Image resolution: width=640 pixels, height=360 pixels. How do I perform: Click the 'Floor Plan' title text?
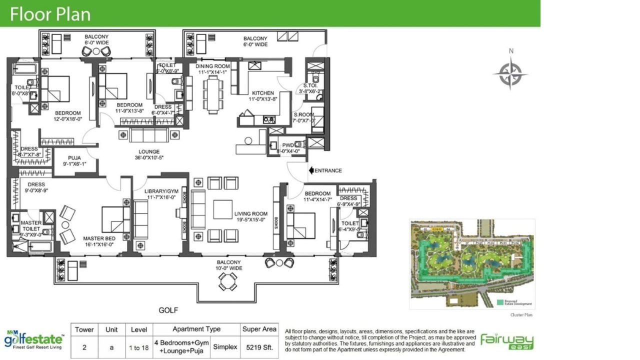click(50, 14)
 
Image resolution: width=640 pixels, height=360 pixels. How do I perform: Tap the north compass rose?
click(510, 73)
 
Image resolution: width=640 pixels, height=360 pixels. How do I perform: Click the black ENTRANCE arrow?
click(311, 170)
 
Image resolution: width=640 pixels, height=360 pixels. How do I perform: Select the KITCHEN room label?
click(262, 93)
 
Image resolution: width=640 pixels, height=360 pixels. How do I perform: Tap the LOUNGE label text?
click(149, 152)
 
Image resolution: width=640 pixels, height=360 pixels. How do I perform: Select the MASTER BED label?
click(99, 238)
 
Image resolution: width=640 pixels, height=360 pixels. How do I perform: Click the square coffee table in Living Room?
click(222, 209)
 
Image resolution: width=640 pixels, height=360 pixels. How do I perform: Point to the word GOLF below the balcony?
click(168, 310)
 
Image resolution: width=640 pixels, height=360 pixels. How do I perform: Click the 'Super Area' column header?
click(259, 329)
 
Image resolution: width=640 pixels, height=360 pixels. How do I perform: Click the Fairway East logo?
click(507, 341)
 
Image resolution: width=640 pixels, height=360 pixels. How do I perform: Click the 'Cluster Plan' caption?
click(521, 315)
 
